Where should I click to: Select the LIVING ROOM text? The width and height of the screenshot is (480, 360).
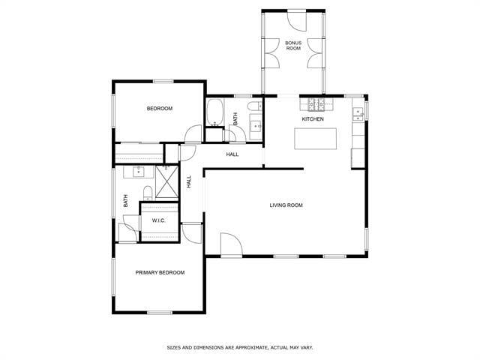tap(286, 205)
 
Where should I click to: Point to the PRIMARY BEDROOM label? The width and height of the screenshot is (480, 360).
tap(160, 272)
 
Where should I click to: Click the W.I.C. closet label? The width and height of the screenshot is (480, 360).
tap(159, 220)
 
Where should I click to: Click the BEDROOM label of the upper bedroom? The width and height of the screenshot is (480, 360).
tap(159, 109)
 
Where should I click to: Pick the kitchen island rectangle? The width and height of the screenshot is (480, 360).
tap(316, 140)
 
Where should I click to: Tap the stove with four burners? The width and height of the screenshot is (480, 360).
tap(313, 103)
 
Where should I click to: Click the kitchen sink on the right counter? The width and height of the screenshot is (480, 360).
tap(358, 114)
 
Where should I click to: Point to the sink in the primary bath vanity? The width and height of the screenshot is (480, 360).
tap(139, 172)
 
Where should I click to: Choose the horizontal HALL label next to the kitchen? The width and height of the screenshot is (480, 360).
tap(232, 154)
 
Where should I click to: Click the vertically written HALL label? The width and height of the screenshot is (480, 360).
tap(190, 181)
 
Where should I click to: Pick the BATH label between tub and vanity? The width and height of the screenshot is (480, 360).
tap(235, 118)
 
